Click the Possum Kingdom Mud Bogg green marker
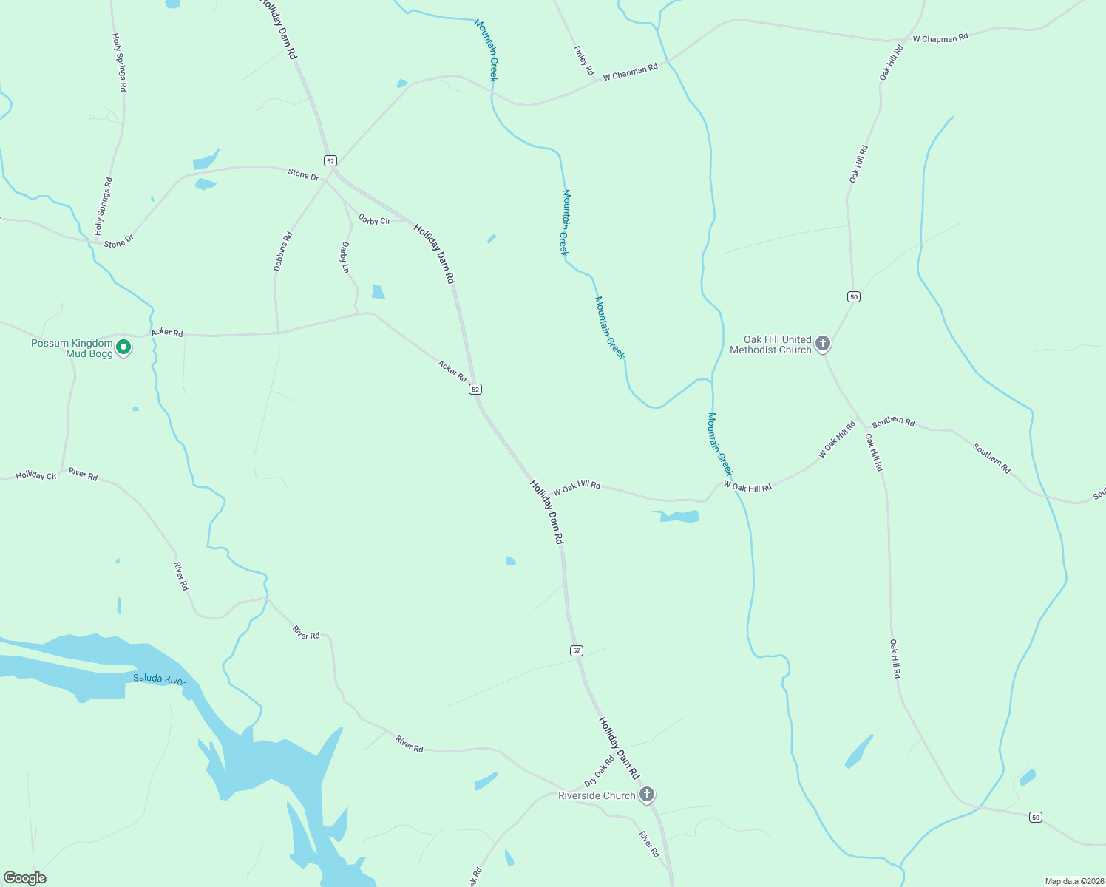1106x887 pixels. click(x=123, y=347)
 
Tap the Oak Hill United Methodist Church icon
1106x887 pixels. click(x=822, y=344)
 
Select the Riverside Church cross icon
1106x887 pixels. click(x=647, y=795)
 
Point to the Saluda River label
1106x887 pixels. click(x=158, y=679)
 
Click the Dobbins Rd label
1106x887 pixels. click(x=283, y=251)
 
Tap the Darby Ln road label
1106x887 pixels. click(x=345, y=257)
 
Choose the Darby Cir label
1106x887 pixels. click(x=374, y=220)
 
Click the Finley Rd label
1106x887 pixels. click(x=584, y=61)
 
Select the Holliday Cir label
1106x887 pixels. click(x=36, y=475)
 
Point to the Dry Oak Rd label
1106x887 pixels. click(x=600, y=771)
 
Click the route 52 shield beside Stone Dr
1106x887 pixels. click(x=330, y=160)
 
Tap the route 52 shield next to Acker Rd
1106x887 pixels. click(x=475, y=389)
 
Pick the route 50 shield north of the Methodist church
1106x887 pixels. click(x=854, y=296)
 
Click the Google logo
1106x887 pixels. click(x=25, y=878)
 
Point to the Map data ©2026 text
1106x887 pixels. click(x=1072, y=881)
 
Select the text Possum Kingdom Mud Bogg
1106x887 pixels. click(x=72, y=348)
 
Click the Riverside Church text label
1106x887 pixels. click(x=597, y=795)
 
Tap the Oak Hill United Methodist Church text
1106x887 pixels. click(x=770, y=344)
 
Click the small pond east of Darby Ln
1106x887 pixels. click(x=378, y=291)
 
